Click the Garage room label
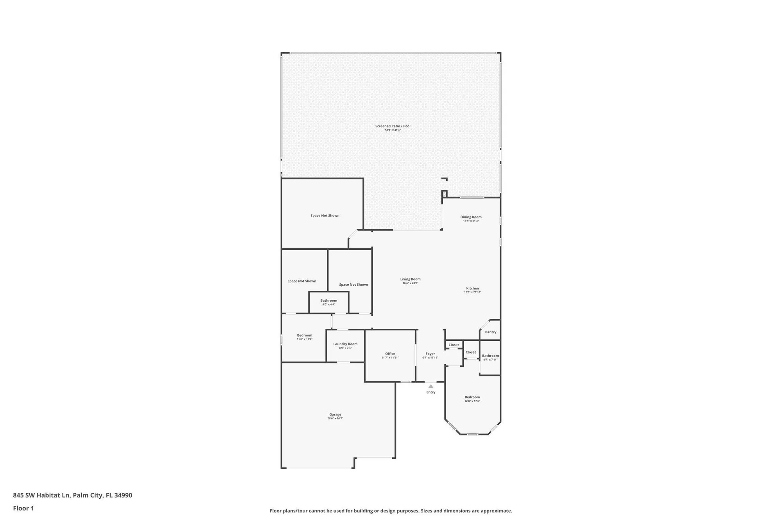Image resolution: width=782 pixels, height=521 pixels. pos(335,414)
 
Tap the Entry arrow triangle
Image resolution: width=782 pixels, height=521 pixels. pos(430,386)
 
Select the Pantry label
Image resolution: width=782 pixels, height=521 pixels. pos(490,332)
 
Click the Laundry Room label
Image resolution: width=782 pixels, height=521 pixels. pos(345,344)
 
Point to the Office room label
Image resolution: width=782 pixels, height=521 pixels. pos(390,354)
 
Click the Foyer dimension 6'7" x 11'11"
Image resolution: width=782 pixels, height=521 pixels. pos(430,358)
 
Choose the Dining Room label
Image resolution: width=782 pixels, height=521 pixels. pos(471,217)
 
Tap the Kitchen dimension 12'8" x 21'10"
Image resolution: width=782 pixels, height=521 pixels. pos(472,292)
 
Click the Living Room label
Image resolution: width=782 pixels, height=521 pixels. pos(410,279)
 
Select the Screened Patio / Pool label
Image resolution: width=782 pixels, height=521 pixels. pos(393,126)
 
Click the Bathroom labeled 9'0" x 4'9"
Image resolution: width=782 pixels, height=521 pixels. pos(328,301)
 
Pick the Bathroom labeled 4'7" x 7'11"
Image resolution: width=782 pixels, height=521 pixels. pos(490,356)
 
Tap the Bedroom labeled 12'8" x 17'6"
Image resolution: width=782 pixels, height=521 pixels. pos(472,397)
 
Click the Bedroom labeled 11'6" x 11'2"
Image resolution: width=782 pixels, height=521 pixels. pos(304,335)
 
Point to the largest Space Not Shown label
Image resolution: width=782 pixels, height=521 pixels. pos(325,215)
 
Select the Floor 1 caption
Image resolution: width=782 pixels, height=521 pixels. pos(23,508)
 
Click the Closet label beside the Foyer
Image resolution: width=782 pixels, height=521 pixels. pos(454,345)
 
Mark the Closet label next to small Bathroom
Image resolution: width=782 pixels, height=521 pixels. pos(470,352)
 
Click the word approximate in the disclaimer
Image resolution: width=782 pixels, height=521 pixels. pos(498,511)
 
